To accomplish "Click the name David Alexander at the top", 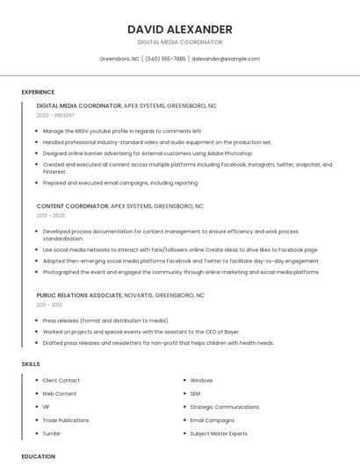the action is [x=180, y=29].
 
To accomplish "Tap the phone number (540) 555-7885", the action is [x=166, y=59].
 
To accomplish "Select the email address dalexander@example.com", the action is [x=226, y=59].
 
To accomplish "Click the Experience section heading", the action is [x=38, y=92].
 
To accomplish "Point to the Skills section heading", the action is [x=31, y=363].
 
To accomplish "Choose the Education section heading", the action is [x=39, y=456].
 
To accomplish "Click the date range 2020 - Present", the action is [x=55, y=116].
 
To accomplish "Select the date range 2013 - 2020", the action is [x=51, y=215].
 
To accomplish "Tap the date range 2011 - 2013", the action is [x=49, y=304].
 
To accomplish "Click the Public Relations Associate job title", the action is [x=80, y=296].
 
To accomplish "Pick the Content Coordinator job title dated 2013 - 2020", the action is [x=73, y=206].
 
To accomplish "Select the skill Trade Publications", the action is [x=66, y=420].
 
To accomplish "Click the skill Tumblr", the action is [x=52, y=433].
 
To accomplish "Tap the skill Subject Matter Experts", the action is [x=219, y=433].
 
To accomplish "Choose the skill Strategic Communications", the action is [x=224, y=407].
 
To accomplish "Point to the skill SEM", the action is [x=196, y=394].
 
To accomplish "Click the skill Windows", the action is [x=201, y=381].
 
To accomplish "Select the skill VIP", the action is [x=47, y=407].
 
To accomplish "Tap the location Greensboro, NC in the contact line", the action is [x=119, y=59].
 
